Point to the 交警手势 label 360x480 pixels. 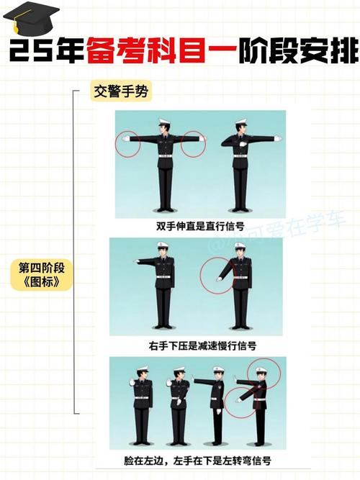[x=120, y=92]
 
